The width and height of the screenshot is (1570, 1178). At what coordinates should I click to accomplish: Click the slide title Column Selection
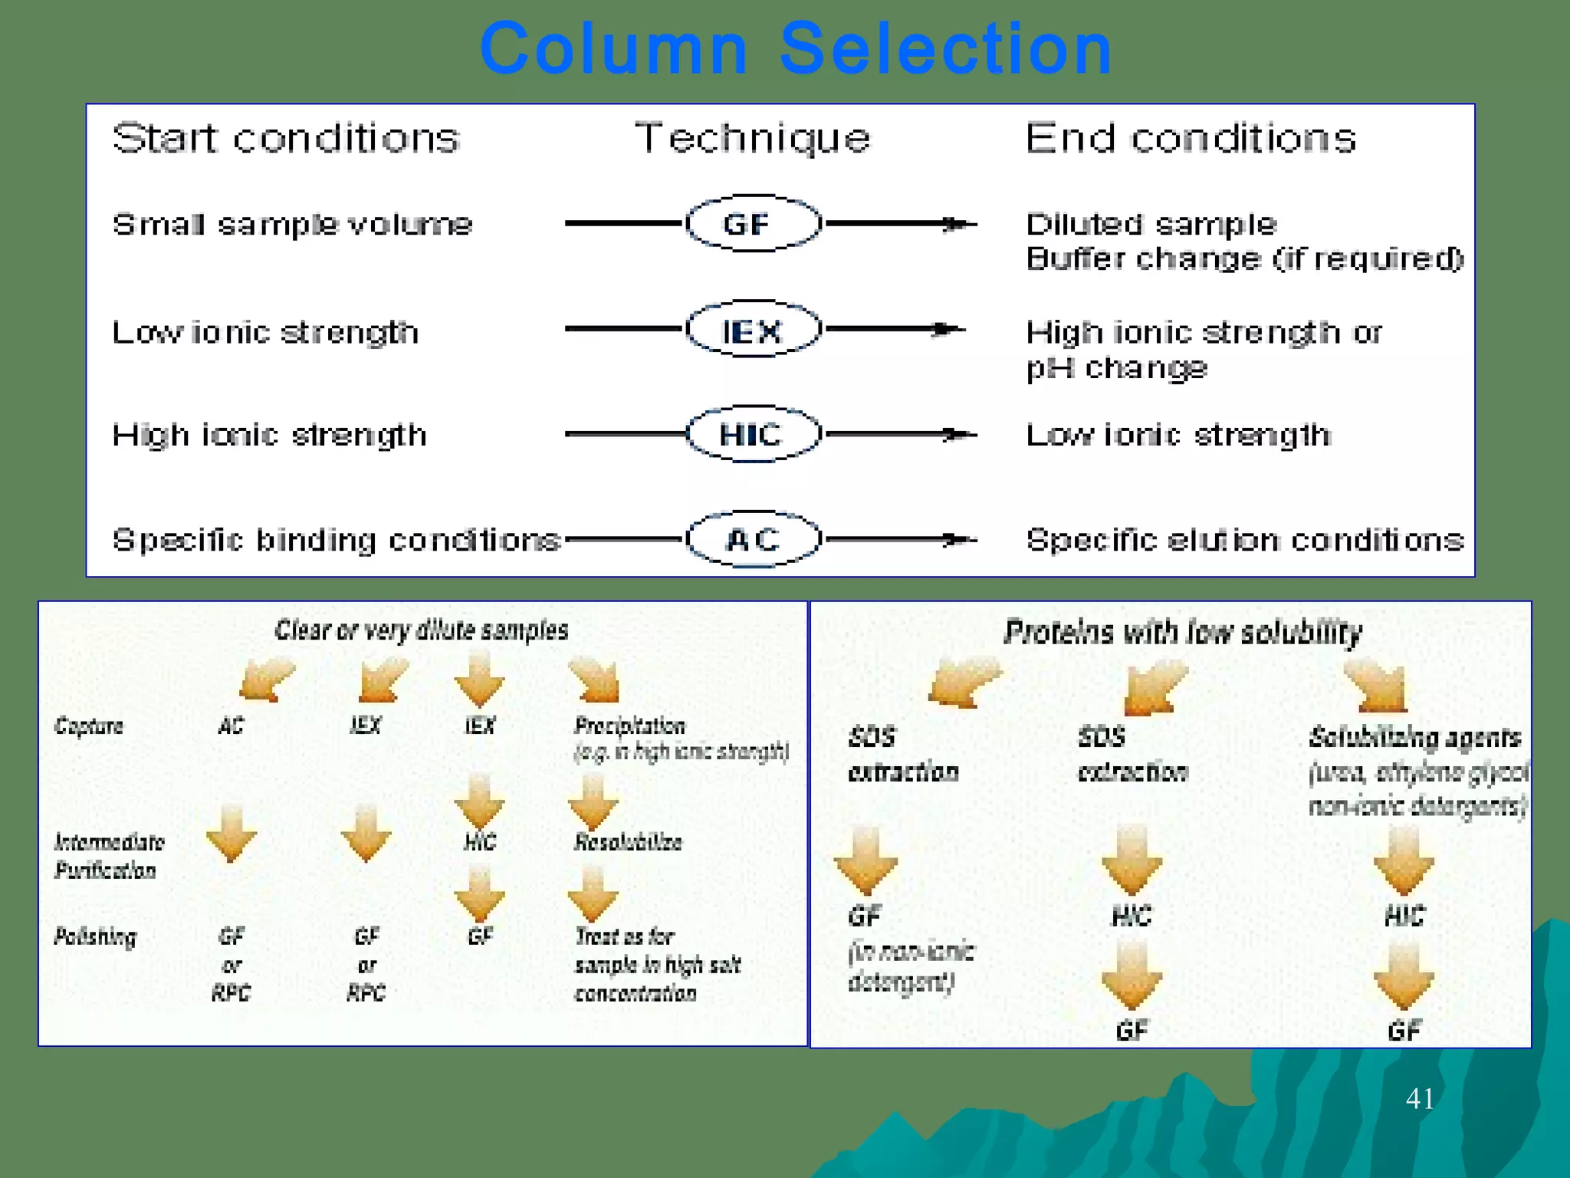796,49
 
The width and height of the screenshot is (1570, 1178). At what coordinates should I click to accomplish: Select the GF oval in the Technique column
753,224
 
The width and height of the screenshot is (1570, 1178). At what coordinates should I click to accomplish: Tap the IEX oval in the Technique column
753,331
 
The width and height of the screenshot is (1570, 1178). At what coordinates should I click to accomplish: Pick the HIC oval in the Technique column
753,435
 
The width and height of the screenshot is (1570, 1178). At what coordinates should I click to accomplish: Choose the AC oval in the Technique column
753,539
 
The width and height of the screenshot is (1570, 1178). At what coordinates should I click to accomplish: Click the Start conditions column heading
286,139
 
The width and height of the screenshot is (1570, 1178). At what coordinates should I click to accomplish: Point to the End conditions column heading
1191,139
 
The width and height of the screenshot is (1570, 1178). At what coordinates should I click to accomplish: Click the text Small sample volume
292,225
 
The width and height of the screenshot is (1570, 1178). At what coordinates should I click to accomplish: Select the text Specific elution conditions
1244,540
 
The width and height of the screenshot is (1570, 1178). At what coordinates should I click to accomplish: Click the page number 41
1420,1098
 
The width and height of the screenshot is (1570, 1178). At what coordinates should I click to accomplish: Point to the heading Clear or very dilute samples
421,630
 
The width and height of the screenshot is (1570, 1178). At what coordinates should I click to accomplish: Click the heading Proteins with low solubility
1183,633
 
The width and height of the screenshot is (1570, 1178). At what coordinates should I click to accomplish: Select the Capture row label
88,726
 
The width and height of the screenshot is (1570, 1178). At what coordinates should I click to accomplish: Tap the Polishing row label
95,936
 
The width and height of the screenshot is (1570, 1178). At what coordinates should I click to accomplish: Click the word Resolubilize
628,842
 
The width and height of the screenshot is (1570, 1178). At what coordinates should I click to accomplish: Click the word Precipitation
629,726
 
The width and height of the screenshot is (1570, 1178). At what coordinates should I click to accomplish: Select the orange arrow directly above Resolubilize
593,801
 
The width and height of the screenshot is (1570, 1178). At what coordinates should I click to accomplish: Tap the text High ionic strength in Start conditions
269,435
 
